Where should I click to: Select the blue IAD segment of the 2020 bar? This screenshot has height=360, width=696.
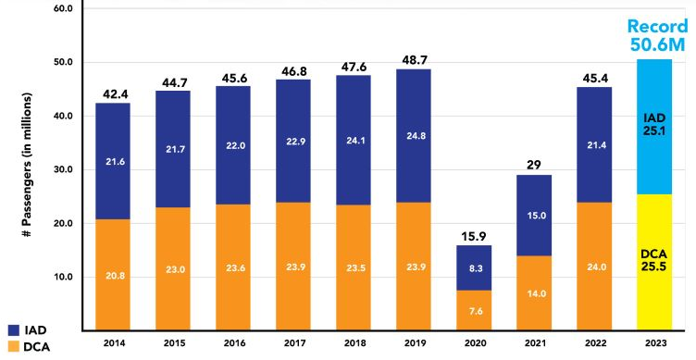474,267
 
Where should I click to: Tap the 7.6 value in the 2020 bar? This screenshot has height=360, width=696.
474,311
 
